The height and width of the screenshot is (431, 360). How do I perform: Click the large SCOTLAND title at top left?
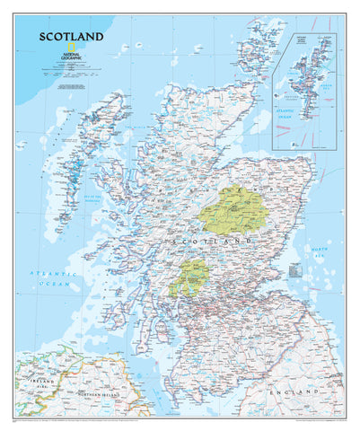(x=70, y=38)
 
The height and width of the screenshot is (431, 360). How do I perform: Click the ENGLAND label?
(x=310, y=393)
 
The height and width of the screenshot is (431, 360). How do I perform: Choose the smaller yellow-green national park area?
(x=189, y=277)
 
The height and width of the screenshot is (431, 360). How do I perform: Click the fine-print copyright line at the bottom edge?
(x=180, y=419)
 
